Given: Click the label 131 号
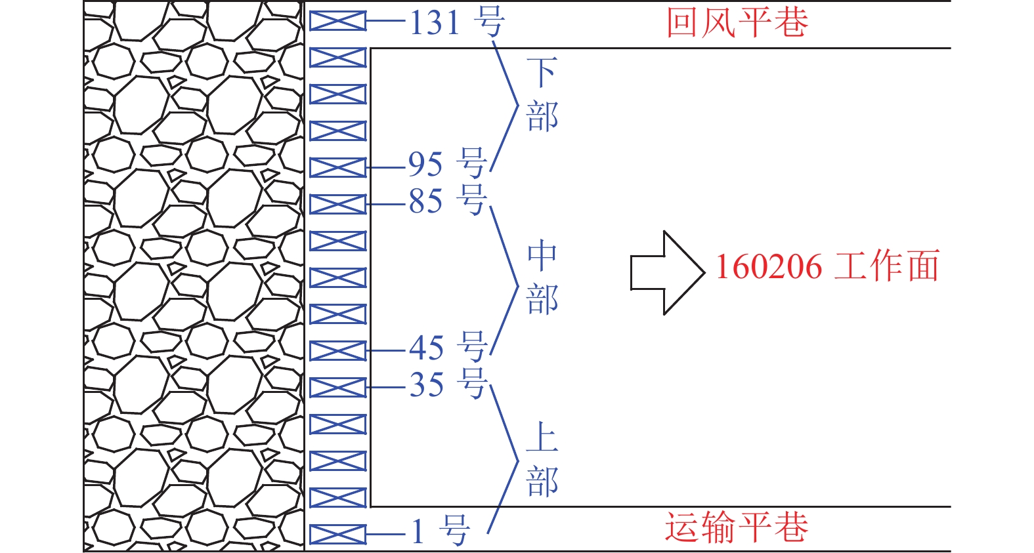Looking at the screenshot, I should tap(457, 22).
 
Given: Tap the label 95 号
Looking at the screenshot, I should tap(447, 163).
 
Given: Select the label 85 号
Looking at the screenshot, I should tap(447, 201).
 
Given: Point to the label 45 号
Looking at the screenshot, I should tap(447, 347).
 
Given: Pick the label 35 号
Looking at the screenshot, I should tap(447, 384).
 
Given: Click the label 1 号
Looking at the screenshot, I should tap(440, 531).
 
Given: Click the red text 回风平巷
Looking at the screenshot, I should tap(737, 23).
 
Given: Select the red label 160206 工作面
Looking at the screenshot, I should tap(827, 266).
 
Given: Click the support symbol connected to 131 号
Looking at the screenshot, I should tap(337, 21).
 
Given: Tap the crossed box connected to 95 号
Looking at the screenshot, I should tap(337, 167).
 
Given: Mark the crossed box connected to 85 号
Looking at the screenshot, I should tap(337, 204).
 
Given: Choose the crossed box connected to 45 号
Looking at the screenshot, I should tap(337, 351).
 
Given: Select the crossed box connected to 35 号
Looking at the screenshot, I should tap(337, 388).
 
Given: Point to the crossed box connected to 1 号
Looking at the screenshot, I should tap(337, 535).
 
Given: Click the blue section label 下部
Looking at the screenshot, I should tap(542, 95).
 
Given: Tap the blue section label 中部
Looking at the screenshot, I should tap(542, 277).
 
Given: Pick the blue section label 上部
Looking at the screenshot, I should tap(542, 460).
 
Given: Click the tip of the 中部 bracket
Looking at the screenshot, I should tap(517, 286).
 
